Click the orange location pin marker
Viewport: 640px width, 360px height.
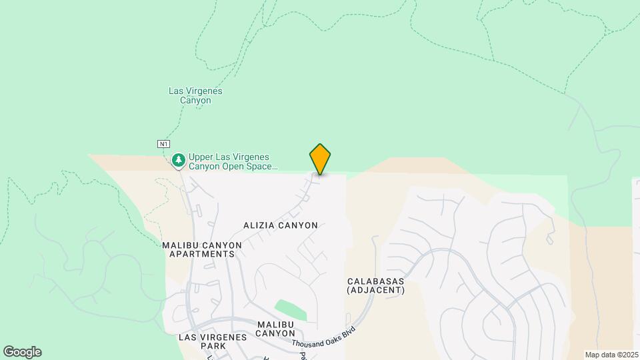[320, 159]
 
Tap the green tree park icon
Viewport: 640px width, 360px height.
[179, 160]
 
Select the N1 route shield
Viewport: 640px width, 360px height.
[163, 143]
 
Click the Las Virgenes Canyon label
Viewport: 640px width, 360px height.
[195, 95]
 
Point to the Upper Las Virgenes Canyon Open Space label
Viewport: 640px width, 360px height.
[232, 162]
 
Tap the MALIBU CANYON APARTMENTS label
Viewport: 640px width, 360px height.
[202, 249]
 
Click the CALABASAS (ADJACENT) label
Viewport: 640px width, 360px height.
[375, 285]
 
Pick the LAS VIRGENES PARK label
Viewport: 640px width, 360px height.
[213, 342]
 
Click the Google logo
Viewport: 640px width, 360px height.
[22, 352]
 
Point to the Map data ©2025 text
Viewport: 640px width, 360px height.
[611, 355]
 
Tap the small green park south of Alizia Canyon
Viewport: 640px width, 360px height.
[292, 309]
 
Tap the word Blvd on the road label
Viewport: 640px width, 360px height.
[349, 329]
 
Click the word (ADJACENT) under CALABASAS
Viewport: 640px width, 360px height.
[375, 290]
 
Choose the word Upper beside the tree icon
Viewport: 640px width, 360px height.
[201, 157]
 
